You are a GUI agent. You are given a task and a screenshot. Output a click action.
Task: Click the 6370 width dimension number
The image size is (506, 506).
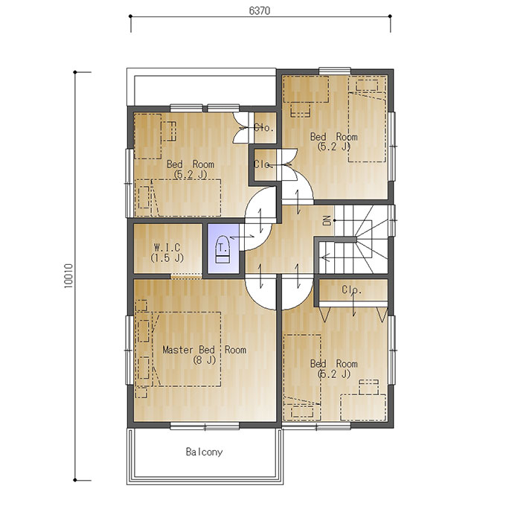(x=260, y=10)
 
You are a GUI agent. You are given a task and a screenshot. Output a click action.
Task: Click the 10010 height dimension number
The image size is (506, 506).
(x=68, y=276)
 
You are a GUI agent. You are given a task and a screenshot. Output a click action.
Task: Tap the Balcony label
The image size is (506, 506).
(x=205, y=452)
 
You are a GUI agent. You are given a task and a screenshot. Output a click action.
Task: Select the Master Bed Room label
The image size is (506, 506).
(x=205, y=350)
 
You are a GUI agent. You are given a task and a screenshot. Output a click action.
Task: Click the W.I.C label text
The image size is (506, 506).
(x=167, y=248)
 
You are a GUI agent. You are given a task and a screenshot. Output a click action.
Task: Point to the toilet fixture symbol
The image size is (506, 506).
(x=222, y=250)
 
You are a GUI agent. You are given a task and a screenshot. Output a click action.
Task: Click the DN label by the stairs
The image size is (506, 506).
(x=327, y=220)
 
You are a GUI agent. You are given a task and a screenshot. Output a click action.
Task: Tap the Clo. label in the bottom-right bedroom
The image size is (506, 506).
(x=352, y=289)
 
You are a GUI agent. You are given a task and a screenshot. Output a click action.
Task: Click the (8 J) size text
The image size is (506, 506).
(x=205, y=360)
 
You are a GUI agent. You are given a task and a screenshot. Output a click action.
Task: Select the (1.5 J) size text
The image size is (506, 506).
(x=167, y=258)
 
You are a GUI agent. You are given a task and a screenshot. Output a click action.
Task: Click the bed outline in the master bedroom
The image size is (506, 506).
(x=187, y=349)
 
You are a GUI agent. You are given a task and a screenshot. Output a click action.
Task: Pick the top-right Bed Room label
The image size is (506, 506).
(x=333, y=136)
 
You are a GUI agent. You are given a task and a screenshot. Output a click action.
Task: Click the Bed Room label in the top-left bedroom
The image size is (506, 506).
(x=190, y=164)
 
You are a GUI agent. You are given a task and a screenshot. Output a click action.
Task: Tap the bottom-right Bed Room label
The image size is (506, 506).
(x=333, y=364)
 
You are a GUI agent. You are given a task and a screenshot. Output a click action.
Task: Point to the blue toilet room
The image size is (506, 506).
(x=223, y=249)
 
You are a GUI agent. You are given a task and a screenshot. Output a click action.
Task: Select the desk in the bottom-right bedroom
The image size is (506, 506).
(x=363, y=407)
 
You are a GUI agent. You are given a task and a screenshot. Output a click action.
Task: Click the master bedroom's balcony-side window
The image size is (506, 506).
(x=205, y=426)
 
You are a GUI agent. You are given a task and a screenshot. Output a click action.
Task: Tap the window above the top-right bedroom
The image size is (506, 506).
(x=335, y=71)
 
